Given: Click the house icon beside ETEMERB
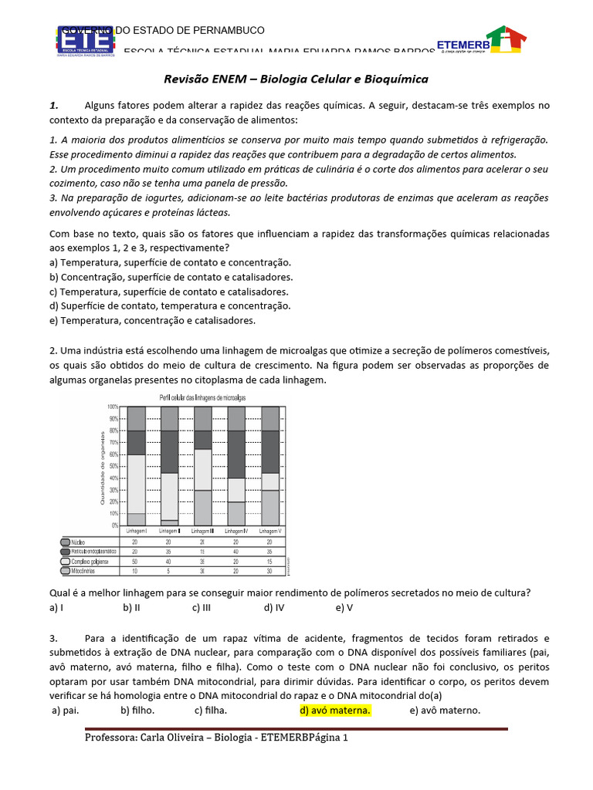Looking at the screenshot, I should pyautogui.click(x=506, y=41).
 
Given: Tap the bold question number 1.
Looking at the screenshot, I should pyautogui.click(x=53, y=105).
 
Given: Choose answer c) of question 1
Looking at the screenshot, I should pyautogui.click(x=168, y=292).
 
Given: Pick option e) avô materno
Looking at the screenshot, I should pyautogui.click(x=445, y=710).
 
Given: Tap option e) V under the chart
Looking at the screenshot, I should pyautogui.click(x=344, y=607).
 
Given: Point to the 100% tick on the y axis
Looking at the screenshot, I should pyautogui.click(x=112, y=407).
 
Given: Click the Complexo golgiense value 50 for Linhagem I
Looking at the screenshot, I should pyautogui.click(x=136, y=562).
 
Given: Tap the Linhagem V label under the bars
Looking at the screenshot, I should pyautogui.click(x=269, y=532).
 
